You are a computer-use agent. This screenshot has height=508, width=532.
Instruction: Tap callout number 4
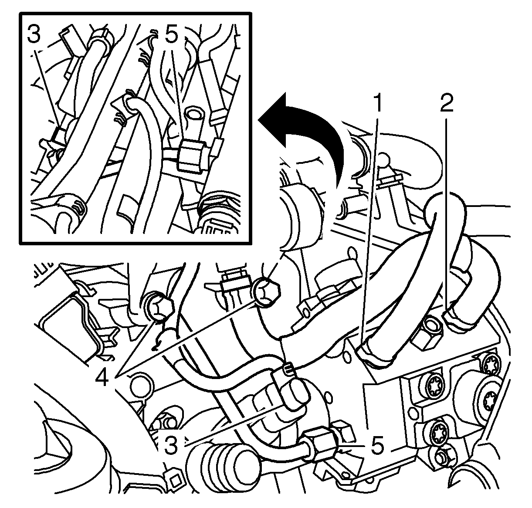click(102, 377)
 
